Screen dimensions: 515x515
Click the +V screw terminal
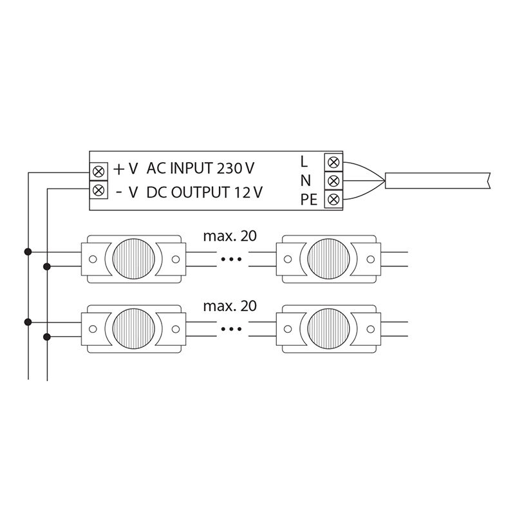point(99,171)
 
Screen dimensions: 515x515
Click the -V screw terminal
point(99,190)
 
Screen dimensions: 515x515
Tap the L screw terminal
point(333,162)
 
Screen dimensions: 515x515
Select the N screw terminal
point(333,180)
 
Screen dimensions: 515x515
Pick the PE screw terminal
point(333,199)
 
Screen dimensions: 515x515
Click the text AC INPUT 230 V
point(200,168)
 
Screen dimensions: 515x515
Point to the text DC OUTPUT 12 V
point(204,192)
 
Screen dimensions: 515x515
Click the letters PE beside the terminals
point(309,200)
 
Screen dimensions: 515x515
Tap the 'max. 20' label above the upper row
point(230,236)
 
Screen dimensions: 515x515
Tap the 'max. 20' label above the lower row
point(230,306)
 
